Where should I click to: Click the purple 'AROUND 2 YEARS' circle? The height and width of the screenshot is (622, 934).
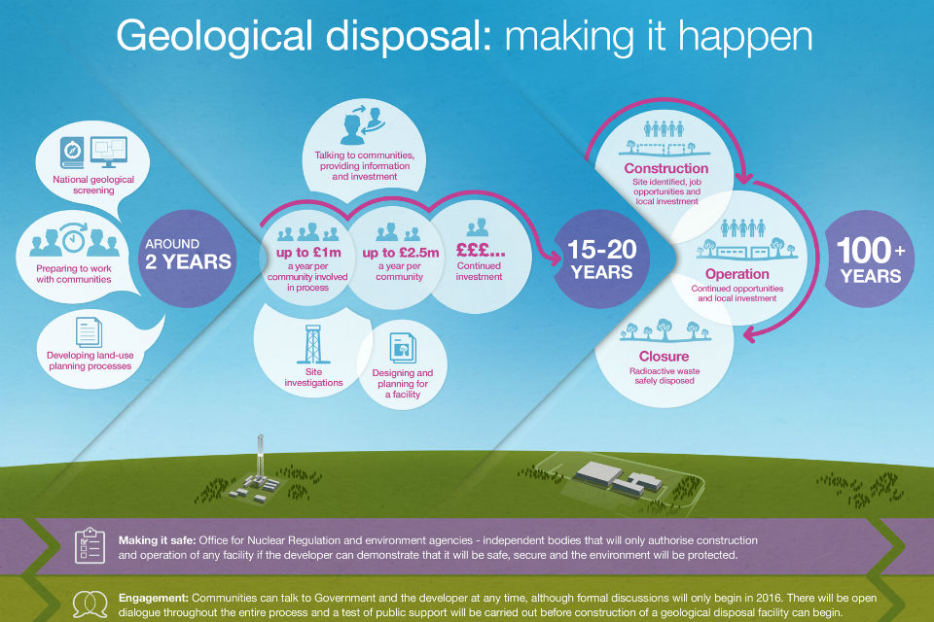click(x=188, y=259)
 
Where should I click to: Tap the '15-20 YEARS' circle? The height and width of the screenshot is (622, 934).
click(x=601, y=259)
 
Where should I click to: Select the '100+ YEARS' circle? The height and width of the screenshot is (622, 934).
click(x=870, y=259)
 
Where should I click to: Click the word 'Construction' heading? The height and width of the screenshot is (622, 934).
click(x=665, y=168)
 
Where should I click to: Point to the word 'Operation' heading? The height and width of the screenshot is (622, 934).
click(x=736, y=274)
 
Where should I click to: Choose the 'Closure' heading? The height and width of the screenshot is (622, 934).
click(x=664, y=357)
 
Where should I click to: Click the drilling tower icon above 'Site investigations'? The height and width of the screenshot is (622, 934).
click(x=313, y=344)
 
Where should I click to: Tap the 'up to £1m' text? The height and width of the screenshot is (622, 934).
click(x=308, y=253)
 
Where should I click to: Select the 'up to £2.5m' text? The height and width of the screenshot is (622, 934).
click(x=400, y=253)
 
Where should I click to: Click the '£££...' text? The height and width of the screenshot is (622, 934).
click(x=480, y=249)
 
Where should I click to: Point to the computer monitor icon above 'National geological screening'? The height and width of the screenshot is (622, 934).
click(x=108, y=152)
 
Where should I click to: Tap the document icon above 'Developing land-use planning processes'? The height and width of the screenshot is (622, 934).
click(x=89, y=332)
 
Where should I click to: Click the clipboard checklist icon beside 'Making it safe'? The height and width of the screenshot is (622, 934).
click(x=90, y=545)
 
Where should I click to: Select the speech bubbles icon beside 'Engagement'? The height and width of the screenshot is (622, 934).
click(x=90, y=605)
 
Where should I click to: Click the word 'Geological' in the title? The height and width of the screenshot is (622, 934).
click(x=214, y=37)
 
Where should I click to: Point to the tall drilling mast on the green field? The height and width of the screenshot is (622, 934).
click(x=260, y=459)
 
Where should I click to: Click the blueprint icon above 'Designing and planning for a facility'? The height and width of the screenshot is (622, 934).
click(x=403, y=348)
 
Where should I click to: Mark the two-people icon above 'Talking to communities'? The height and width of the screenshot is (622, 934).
click(x=362, y=125)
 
